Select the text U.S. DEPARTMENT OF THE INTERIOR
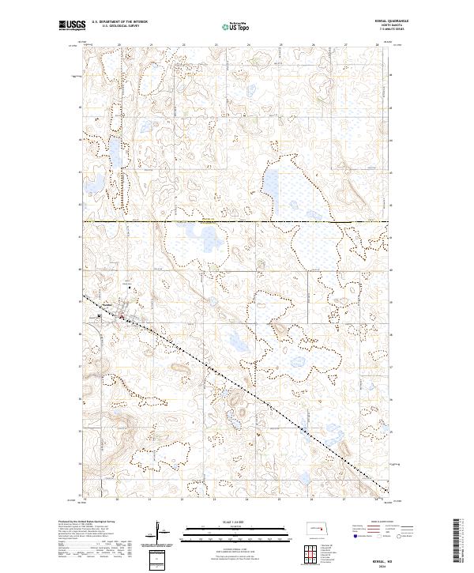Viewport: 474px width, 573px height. (120, 22)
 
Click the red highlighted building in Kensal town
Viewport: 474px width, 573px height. (122, 318)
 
